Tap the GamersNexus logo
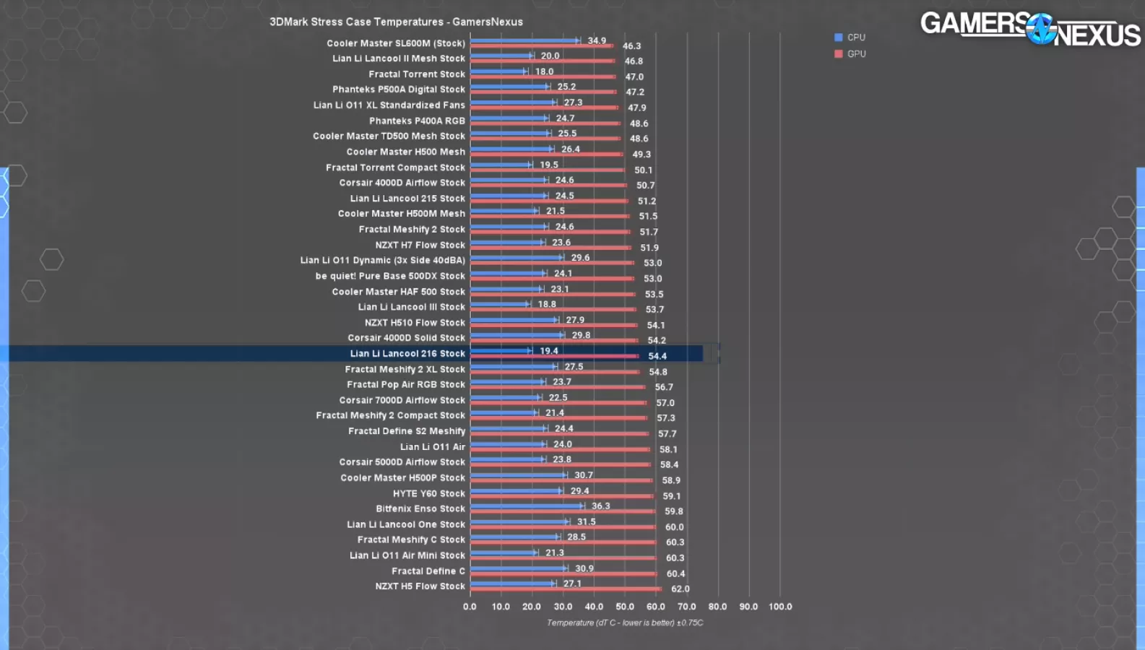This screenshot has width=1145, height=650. tap(1030, 29)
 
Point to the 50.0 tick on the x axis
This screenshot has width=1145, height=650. tap(625, 607)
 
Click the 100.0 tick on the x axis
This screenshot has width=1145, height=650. tap(780, 607)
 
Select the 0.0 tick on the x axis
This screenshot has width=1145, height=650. tap(470, 607)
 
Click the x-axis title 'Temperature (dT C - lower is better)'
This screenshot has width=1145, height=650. tap(624, 623)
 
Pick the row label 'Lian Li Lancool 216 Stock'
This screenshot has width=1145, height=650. tap(407, 354)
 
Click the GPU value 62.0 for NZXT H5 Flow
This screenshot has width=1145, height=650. tap(680, 589)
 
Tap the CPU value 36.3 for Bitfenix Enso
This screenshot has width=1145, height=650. tap(601, 506)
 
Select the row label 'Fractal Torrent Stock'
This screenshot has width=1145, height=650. tap(417, 74)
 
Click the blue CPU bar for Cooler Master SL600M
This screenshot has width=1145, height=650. tap(524, 40)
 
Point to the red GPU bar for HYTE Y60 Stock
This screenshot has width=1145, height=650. tap(561, 496)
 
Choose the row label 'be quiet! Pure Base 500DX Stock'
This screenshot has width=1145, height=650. tap(390, 276)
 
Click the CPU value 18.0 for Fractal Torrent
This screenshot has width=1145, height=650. tap(545, 71)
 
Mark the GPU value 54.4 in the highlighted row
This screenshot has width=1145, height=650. tap(657, 356)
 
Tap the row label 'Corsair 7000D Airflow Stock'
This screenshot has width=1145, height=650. tap(402, 400)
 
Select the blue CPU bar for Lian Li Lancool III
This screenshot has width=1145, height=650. tap(499, 304)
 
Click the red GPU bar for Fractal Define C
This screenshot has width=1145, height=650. tap(563, 574)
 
